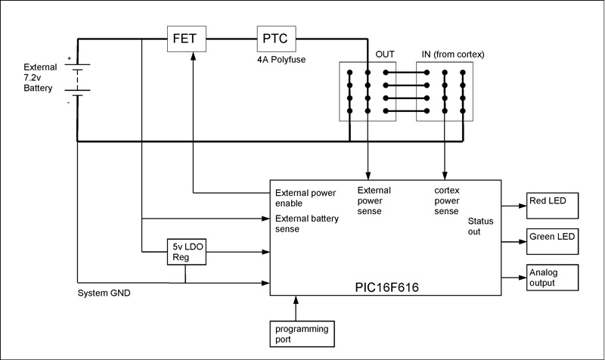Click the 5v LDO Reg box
pyautogui.click(x=185, y=252)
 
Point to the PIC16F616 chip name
pyautogui.click(x=386, y=288)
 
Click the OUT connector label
pyautogui.click(x=385, y=55)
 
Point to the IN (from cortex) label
pyautogui.click(x=452, y=55)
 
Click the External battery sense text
pyautogui.click(x=307, y=224)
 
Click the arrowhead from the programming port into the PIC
pyautogui.click(x=296, y=300)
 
